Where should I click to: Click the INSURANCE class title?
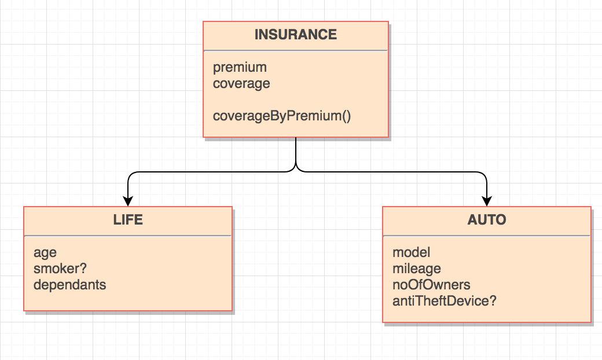pos(295,35)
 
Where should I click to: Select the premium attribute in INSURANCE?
pos(240,67)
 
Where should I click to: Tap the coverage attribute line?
pos(241,83)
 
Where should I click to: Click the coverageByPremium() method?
pos(282,116)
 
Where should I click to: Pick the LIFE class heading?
pos(128,220)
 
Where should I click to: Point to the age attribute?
pos(45,252)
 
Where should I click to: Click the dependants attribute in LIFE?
pos(69,285)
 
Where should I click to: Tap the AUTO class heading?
pos(486,220)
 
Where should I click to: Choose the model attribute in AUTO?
pos(411,252)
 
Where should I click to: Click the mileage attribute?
pos(416,269)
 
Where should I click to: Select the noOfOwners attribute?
pos(431,285)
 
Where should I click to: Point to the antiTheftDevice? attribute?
pos(444,301)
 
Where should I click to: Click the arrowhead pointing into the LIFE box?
pos(128,201)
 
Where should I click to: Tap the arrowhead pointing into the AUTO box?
pos(487,201)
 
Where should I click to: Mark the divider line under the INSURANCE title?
pos(295,50)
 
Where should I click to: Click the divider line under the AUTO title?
pos(486,236)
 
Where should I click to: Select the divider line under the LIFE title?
pos(128,236)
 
